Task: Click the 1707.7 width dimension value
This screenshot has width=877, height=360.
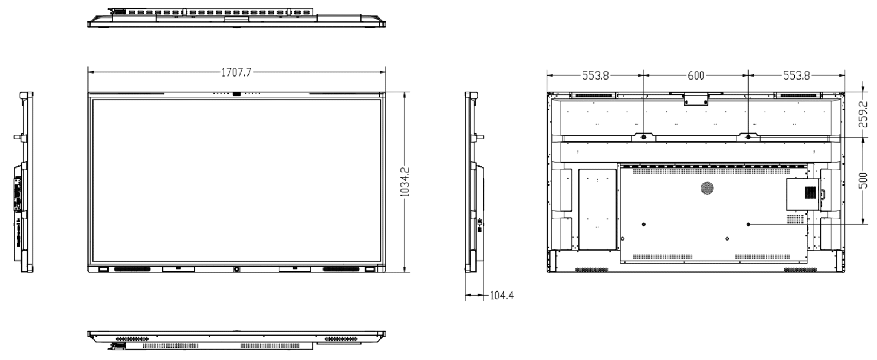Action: [236, 73]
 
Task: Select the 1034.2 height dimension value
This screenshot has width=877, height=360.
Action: [405, 182]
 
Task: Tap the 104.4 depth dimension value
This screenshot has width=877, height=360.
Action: [501, 296]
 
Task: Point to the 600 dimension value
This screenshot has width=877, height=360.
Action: [696, 76]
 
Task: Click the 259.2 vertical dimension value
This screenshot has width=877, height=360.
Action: [863, 114]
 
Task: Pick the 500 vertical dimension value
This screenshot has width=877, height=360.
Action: [863, 181]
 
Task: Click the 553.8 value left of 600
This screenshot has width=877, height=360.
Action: [595, 76]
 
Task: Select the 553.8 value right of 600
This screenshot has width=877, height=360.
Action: [796, 76]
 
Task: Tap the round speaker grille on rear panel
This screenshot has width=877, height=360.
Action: [707, 188]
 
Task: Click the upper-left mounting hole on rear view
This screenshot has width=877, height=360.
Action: [644, 137]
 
